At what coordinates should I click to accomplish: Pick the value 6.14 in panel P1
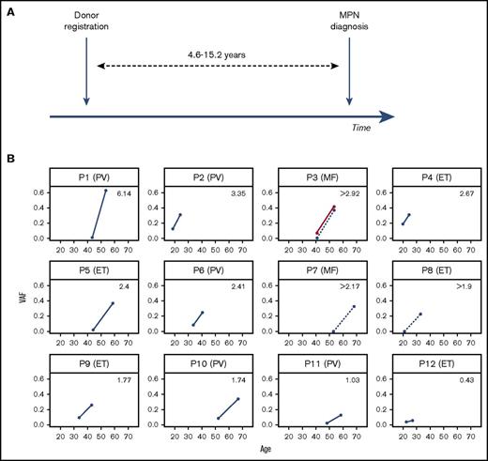click(x=125, y=193)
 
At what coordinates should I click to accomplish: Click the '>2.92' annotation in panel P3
click(x=349, y=193)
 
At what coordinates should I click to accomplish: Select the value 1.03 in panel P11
click(x=352, y=378)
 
